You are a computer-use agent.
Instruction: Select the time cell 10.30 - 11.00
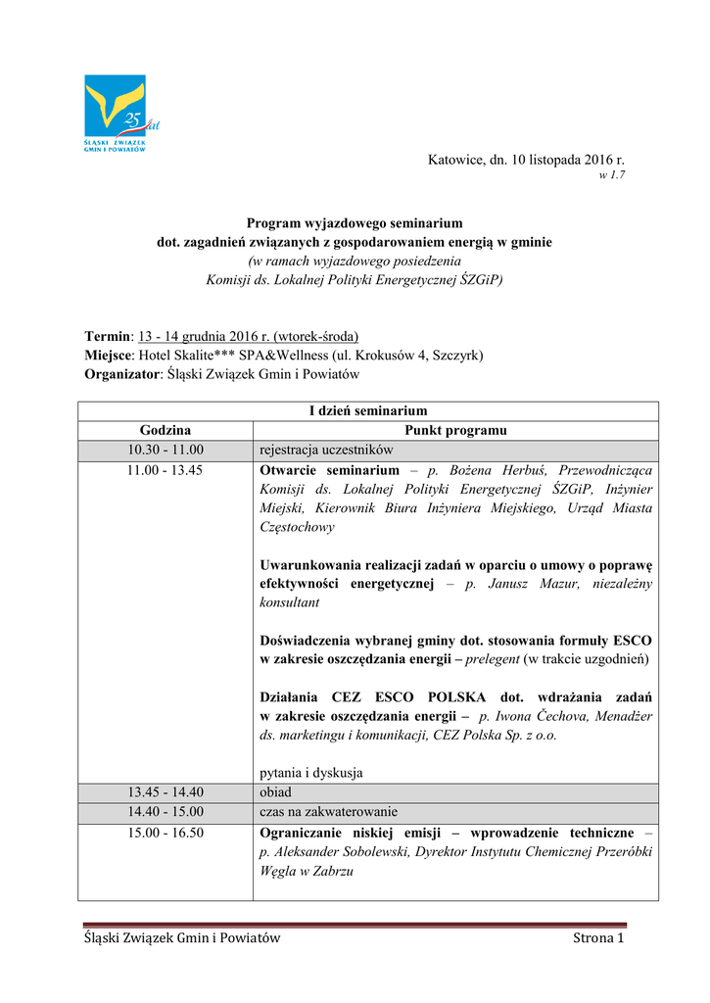pos(166,450)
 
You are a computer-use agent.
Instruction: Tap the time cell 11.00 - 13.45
pos(166,470)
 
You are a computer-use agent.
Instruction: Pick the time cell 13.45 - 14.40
pos(166,791)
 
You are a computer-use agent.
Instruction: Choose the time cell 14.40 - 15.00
pos(166,811)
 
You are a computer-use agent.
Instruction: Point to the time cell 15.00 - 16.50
pos(166,832)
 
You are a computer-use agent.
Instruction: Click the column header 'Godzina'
pos(166,430)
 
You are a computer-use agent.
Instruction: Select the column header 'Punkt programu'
pos(455,430)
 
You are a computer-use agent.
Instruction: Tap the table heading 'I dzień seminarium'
pos(368,410)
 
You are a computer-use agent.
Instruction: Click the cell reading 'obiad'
pos(275,791)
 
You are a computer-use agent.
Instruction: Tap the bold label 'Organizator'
pos(120,374)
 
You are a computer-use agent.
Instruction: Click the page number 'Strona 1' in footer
pos(597,939)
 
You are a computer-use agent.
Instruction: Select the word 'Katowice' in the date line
pos(453,159)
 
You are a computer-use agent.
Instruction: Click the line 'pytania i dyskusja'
pos(311,772)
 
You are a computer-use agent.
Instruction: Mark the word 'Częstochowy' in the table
pos(297,526)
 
